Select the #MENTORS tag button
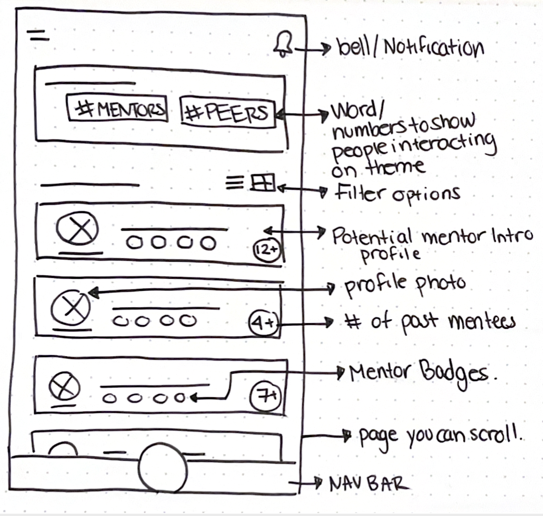117,109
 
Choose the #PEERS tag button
227,112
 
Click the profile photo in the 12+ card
77,231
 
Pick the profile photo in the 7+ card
65,386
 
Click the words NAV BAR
369,484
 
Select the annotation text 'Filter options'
397,193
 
